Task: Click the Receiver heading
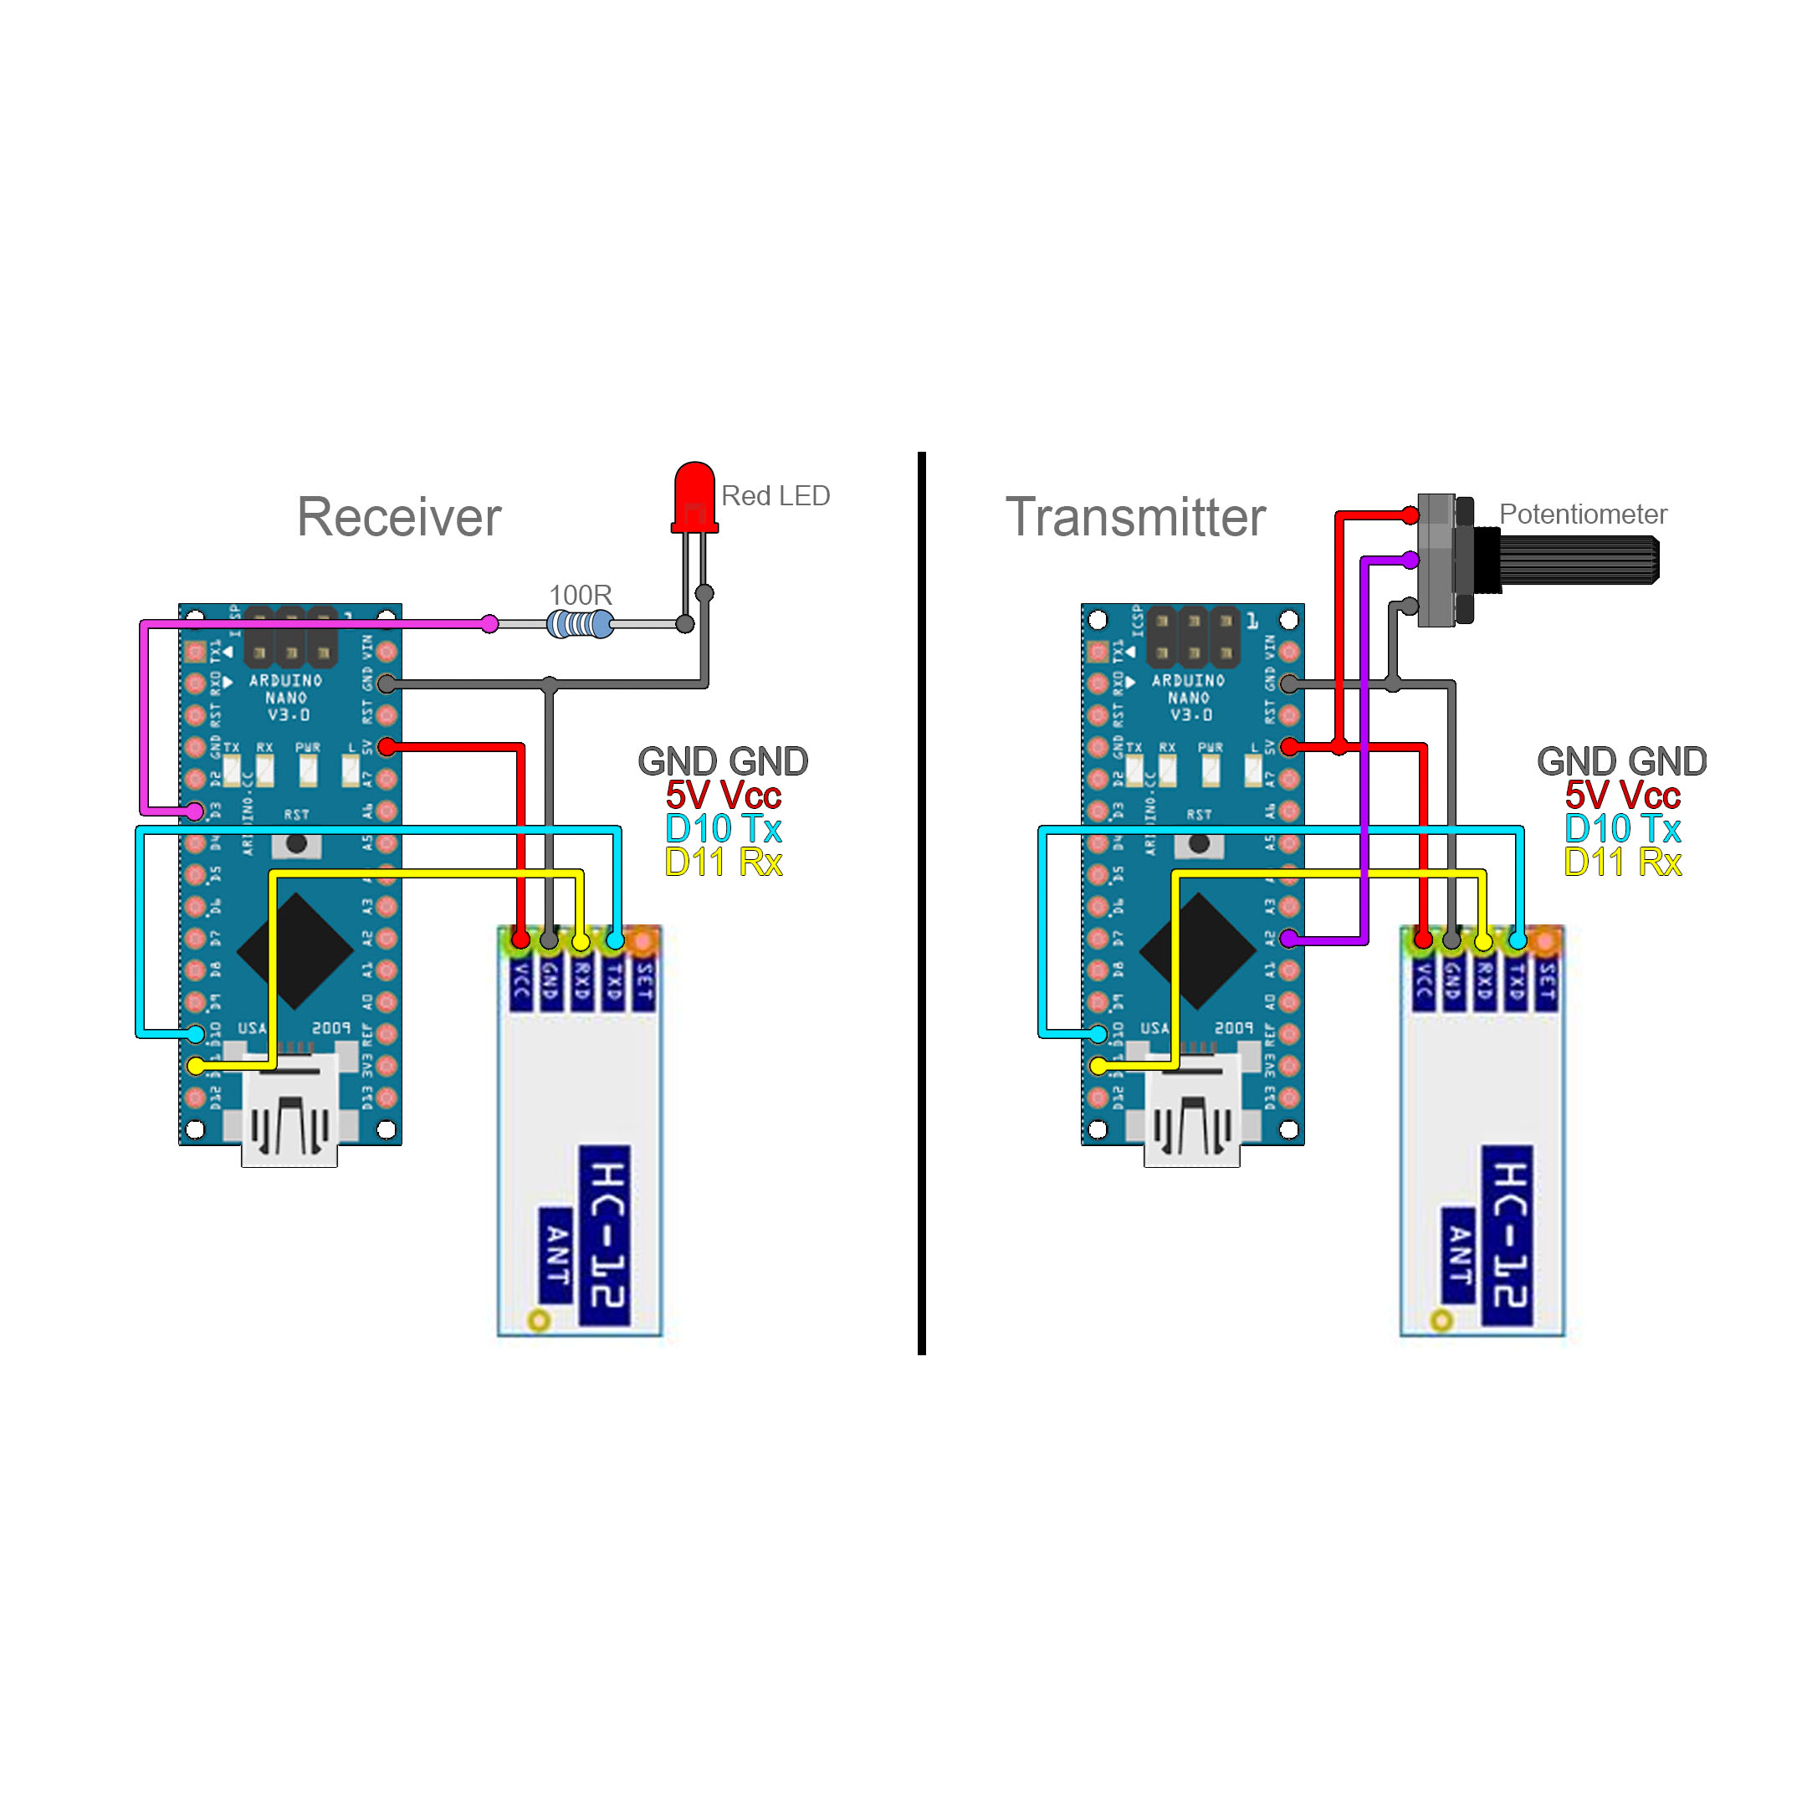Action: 398,517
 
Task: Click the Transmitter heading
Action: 1134,517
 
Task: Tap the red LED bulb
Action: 694,496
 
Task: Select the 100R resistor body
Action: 580,624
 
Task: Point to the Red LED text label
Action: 776,496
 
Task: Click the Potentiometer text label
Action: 1583,514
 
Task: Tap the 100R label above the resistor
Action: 580,595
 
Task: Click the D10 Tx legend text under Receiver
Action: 723,829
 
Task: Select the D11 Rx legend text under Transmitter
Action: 1623,863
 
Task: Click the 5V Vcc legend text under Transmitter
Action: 1623,796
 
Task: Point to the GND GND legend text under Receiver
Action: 723,761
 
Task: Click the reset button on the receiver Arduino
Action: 296,843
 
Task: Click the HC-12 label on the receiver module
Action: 605,1235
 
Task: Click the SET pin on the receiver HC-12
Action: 643,940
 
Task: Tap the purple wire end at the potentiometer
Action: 1410,561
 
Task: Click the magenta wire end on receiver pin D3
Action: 195,811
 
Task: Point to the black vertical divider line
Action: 921,903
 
